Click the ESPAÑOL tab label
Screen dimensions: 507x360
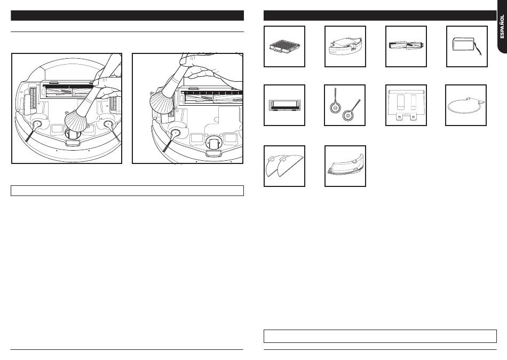click(x=502, y=27)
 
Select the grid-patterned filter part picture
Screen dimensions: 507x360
click(x=284, y=46)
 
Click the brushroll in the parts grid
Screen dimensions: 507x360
click(x=406, y=46)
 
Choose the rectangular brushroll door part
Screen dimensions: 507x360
click(x=284, y=106)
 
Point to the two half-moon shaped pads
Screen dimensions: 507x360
click(x=284, y=166)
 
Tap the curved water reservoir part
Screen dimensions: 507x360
click(x=345, y=165)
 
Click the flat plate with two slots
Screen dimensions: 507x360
click(x=406, y=105)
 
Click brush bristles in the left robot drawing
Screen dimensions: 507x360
click(x=76, y=121)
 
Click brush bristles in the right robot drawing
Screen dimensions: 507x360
click(x=162, y=101)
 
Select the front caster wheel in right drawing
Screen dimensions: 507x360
click(x=213, y=142)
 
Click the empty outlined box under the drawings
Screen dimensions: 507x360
click(x=127, y=191)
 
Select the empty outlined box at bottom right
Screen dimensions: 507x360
click(x=380, y=336)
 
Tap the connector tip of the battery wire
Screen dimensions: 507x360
click(x=481, y=54)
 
